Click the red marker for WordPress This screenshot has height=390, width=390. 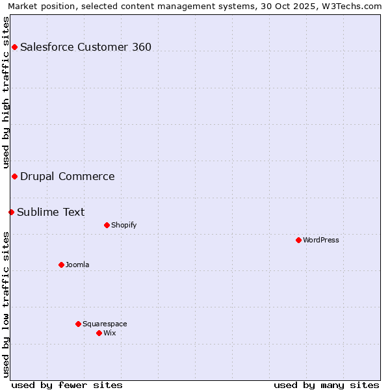tap(298, 240)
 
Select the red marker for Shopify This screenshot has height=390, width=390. tap(107, 225)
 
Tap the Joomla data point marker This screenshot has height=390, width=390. tap(61, 265)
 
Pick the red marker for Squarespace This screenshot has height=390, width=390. tap(78, 324)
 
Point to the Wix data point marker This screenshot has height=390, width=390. tap(99, 333)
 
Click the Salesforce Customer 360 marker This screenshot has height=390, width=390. tap(14, 47)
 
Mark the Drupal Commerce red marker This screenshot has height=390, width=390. tap(14, 176)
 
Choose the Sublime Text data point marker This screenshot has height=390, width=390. tap(11, 212)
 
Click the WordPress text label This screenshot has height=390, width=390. tap(321, 240)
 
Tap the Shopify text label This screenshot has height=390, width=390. tap(123, 225)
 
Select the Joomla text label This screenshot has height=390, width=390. tap(77, 265)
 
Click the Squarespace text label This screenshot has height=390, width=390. tap(105, 324)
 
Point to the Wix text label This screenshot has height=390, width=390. tap(110, 333)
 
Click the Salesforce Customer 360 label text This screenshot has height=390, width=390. tap(86, 47)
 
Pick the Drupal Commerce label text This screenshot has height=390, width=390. tap(68, 176)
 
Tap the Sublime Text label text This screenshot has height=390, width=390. tap(51, 212)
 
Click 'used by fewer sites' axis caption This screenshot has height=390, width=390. tap(67, 385)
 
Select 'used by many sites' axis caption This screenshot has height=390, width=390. tap(326, 385)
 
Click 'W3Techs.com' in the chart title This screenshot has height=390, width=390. tap(354, 6)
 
